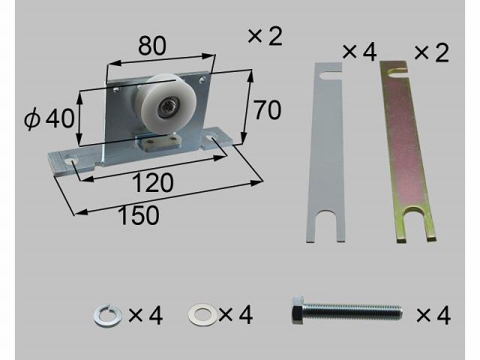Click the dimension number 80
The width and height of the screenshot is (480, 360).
coord(152,46)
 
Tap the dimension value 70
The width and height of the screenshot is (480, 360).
coord(267,110)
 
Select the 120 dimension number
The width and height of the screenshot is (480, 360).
coord(153,183)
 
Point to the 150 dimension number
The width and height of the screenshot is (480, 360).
coord(138,215)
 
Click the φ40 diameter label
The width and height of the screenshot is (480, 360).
coord(49,118)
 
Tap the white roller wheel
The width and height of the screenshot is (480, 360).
coord(160,104)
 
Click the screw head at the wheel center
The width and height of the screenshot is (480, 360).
coord(168,107)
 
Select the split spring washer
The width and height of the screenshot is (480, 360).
coord(106,316)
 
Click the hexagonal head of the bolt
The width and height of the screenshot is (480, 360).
coord(298,311)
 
